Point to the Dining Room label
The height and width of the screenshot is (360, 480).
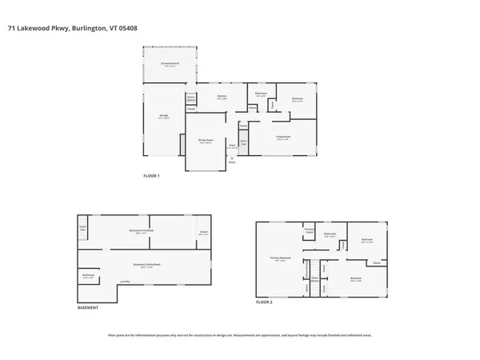coord(206,141)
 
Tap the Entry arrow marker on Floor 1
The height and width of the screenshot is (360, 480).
coord(232,159)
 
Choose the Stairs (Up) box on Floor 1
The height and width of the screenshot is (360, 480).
coord(244,142)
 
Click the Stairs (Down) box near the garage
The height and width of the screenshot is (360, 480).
coord(191,100)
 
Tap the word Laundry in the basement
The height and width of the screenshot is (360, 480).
coord(125,282)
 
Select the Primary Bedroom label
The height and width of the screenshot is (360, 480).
coord(279,259)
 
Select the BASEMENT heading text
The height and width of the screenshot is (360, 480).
coord(88,307)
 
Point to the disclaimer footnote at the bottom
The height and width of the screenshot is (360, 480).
coord(240,334)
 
